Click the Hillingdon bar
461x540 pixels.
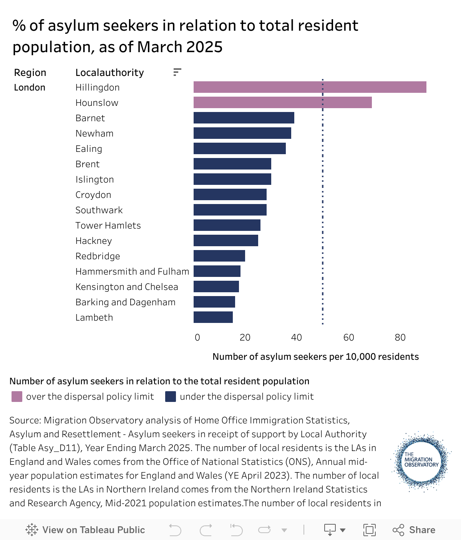click(x=310, y=87)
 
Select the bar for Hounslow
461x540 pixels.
click(x=282, y=102)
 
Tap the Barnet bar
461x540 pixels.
click(x=244, y=118)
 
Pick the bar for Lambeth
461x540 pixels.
click(x=213, y=317)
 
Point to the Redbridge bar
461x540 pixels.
click(x=219, y=256)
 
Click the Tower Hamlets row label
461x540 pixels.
click(x=108, y=226)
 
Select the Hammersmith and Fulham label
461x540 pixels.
click(x=132, y=272)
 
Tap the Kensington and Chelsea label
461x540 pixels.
click(x=127, y=287)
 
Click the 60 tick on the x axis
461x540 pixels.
click(x=348, y=337)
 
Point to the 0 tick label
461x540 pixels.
click(x=197, y=337)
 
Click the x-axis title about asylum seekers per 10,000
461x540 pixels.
click(x=315, y=357)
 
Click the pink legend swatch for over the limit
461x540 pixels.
click(x=17, y=397)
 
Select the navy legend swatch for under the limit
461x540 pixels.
click(x=171, y=397)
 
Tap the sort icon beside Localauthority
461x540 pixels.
click(x=177, y=72)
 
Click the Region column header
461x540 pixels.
click(x=30, y=72)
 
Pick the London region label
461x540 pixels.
click(x=30, y=87)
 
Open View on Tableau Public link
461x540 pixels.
click(x=85, y=530)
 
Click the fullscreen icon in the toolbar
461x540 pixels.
click(x=369, y=530)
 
